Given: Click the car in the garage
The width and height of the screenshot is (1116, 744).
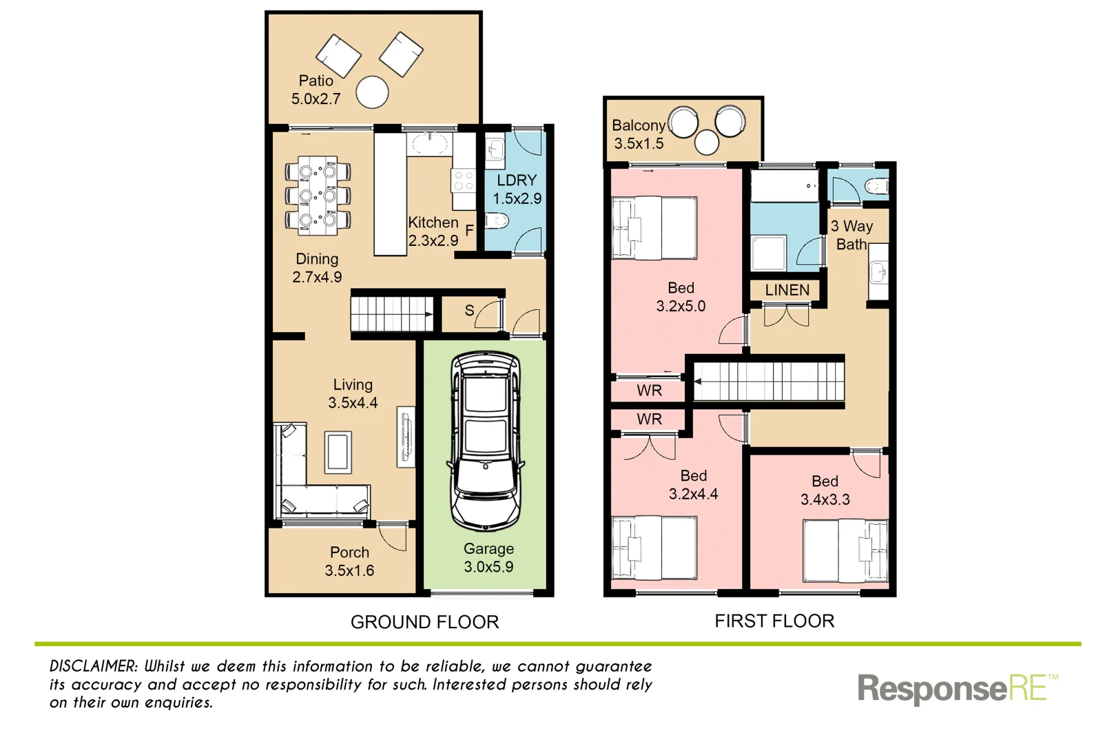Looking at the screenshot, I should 486,441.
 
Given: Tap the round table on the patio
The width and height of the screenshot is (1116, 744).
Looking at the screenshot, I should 372,92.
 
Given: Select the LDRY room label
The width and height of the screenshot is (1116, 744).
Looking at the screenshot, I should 517,180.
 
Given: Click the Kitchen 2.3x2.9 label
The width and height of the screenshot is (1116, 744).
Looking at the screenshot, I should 433,231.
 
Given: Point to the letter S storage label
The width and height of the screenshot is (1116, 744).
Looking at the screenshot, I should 469,311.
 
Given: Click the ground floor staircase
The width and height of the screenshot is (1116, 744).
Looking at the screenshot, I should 391,313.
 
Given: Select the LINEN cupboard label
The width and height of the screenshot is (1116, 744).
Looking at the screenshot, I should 787,290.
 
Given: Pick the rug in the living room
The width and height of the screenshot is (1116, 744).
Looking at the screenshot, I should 338,452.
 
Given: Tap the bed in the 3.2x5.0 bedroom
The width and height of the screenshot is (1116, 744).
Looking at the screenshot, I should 654,228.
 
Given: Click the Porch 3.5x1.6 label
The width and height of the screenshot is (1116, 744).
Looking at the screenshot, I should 349,561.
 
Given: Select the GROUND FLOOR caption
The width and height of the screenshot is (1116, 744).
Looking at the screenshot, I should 424,622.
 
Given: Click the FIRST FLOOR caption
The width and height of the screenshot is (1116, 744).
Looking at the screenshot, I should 774,621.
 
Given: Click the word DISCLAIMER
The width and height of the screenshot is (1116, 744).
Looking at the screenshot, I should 94,666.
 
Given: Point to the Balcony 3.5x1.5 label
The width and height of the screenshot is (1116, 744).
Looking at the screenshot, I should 639,134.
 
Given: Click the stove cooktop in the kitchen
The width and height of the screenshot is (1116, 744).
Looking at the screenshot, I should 463,181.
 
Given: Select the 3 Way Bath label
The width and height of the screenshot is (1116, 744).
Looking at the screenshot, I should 851,235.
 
